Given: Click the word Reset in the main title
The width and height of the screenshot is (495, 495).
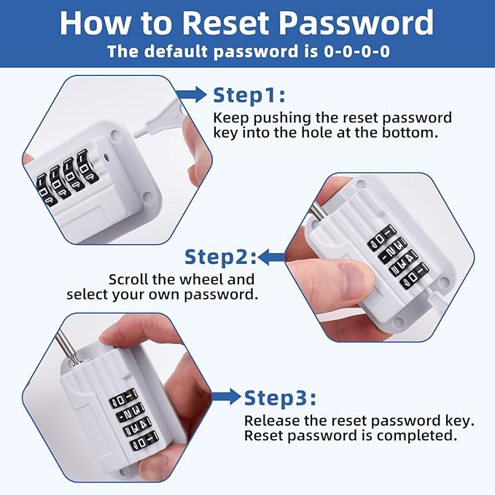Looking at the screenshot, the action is pos(225,23).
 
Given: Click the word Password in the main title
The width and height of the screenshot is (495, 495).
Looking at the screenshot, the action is pos(356,23).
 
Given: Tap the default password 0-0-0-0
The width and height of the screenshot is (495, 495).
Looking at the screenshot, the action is pos(356,52).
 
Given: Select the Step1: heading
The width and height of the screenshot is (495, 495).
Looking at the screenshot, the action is pos(249,95).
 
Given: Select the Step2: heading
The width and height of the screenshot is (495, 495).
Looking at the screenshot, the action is pos(220,257).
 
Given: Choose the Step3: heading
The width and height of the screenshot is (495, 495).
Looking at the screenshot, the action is pos(280,397).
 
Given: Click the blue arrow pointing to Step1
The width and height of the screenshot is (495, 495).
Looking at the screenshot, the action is pos(191,94).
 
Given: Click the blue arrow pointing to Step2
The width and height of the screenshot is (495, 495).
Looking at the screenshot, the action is pos(272,257).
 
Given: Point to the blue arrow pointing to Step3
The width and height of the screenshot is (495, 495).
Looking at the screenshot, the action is pos(226,397).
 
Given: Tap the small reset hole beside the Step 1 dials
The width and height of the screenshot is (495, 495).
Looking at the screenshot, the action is pos(107,156).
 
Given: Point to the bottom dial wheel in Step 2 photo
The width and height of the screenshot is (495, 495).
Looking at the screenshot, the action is pos(414,276).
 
